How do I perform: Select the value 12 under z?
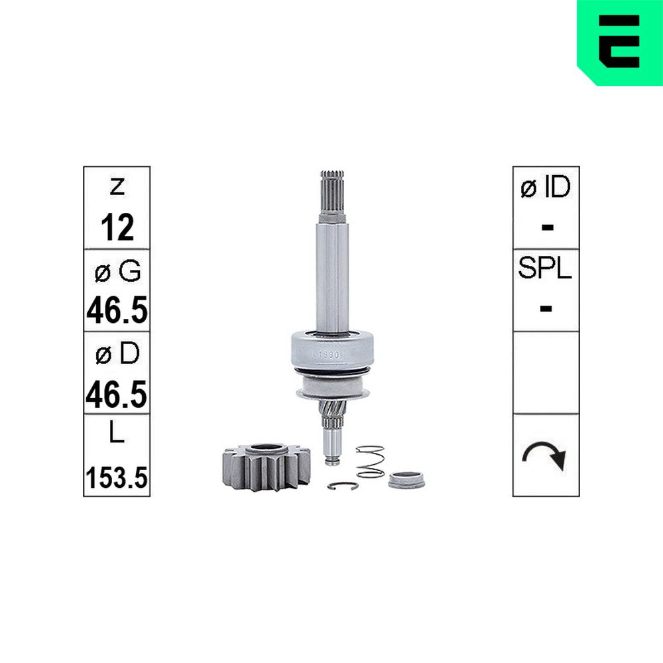tap(117, 227)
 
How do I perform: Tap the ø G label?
tap(117, 271)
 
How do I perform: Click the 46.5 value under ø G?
tap(117, 310)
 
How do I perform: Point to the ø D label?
tap(117, 353)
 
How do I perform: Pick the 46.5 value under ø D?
tap(117, 394)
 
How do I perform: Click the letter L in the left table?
tap(117, 432)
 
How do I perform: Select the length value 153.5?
tap(117, 477)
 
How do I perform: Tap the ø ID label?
tap(546, 187)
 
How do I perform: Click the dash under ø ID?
tap(547, 227)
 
